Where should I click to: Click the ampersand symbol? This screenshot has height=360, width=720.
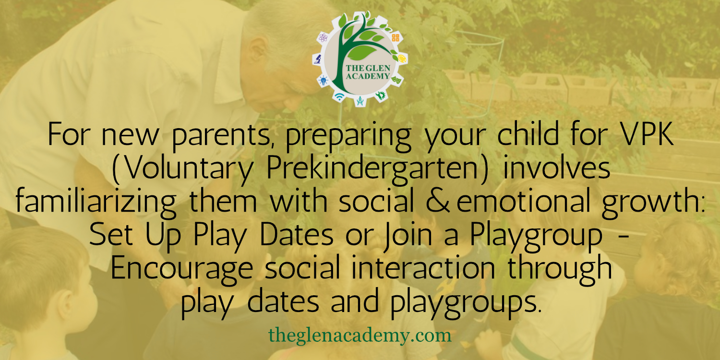[438, 201]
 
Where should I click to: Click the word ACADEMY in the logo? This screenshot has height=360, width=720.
[368, 76]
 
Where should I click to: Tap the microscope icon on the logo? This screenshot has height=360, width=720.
[318, 59]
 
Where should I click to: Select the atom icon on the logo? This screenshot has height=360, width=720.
[323, 38]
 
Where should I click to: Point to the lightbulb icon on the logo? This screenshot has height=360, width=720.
[324, 80]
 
